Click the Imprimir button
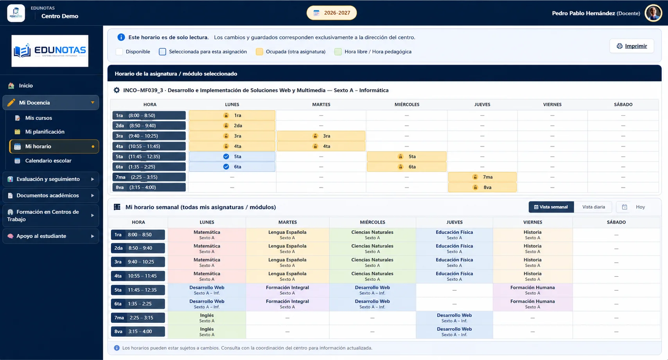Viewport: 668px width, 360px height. (632, 46)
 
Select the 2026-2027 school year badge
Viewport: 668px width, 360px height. (332, 13)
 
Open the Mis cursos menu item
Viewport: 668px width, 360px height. (38, 118)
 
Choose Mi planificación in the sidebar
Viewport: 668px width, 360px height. (45, 132)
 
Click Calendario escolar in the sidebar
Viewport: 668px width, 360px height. (48, 161)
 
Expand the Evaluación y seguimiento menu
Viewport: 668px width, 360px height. (51, 179)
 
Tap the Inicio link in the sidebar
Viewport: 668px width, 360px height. (26, 86)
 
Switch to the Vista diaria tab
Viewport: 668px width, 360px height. (593, 207)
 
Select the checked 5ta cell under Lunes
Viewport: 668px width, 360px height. (232, 156)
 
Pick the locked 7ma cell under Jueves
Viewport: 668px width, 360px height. (482, 177)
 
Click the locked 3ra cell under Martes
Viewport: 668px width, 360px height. (321, 136)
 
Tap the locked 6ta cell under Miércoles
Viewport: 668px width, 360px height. (407, 167)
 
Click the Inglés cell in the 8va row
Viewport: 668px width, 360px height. (207, 332)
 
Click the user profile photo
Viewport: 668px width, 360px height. (653, 13)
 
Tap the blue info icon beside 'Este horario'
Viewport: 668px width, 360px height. (121, 37)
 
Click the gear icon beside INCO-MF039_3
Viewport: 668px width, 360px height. (117, 90)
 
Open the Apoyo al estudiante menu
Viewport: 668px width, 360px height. (51, 236)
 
